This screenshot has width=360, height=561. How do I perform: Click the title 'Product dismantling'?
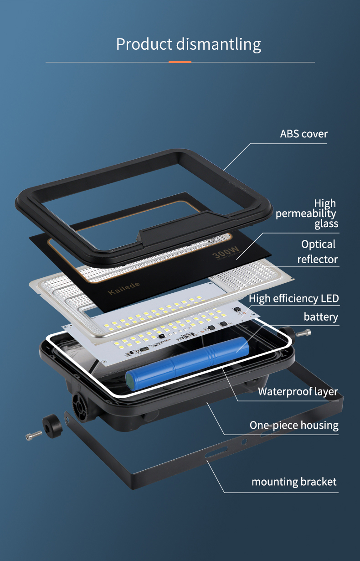[188, 44]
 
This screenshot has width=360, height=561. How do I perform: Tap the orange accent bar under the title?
[180, 62]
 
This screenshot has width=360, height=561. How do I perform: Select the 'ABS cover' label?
[303, 134]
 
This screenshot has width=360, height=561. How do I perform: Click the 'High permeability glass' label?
[307, 213]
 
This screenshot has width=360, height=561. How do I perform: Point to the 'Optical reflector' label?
[318, 252]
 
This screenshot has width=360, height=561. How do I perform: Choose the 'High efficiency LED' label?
[294, 299]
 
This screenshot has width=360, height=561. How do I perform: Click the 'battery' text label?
[321, 317]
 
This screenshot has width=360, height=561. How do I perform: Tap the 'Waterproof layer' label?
[298, 391]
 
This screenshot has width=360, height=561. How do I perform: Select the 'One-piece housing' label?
[294, 425]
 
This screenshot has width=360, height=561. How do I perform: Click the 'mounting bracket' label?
[294, 482]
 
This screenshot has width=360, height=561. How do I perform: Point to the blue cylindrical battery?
[187, 363]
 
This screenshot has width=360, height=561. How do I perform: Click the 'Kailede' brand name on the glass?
[123, 288]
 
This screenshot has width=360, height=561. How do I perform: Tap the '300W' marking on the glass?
[226, 252]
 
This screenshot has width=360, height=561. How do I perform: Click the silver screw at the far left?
[34, 435]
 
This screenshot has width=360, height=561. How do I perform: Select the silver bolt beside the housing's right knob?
[303, 332]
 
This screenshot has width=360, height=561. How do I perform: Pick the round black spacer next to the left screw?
[52, 426]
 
